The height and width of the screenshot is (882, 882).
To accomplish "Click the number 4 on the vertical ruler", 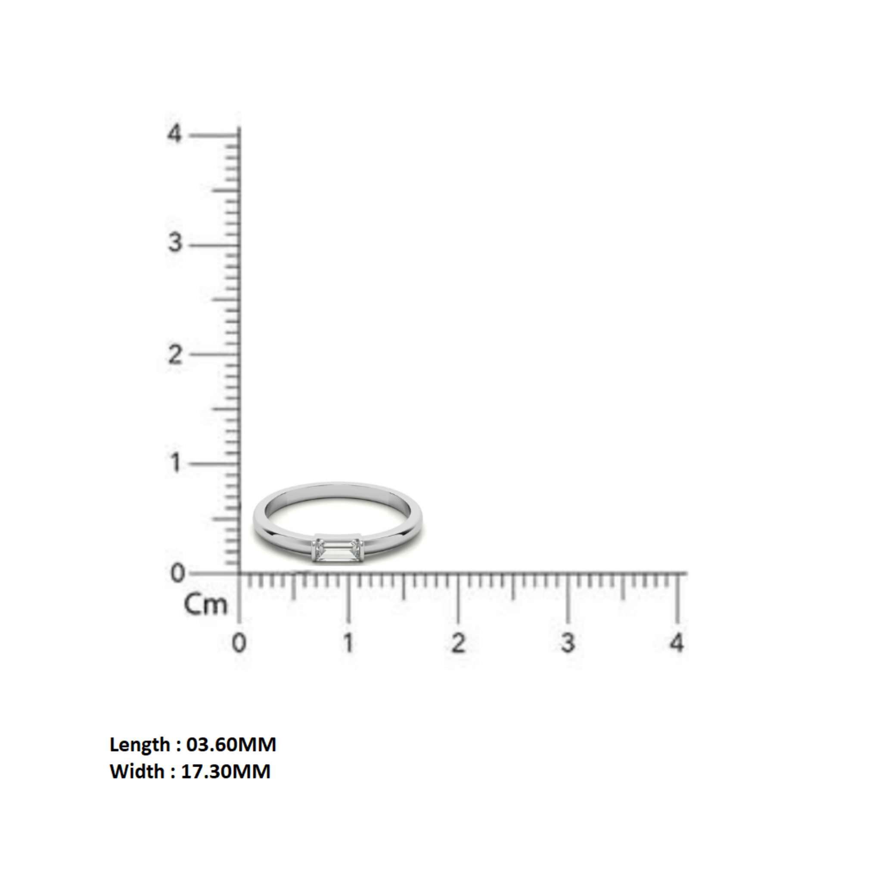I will [174, 134].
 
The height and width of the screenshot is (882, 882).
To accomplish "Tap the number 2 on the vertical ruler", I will [175, 354].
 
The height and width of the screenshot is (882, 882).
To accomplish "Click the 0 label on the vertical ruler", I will [177, 573].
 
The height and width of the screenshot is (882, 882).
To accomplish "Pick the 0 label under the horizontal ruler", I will [239, 643].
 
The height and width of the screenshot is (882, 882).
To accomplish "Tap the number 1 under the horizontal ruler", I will [348, 643].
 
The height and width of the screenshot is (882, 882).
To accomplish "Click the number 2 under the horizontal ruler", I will [458, 643].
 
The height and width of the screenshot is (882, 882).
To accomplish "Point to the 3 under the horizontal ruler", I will [568, 643].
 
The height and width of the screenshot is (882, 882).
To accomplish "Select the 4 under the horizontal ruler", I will [677, 643].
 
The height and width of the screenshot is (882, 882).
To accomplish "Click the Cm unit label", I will [205, 605].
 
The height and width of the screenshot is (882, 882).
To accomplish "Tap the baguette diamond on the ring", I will [338, 550].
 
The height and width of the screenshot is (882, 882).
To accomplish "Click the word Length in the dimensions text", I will [139, 745].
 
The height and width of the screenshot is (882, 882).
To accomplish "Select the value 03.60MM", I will [231, 745].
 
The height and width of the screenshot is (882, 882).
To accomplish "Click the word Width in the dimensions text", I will [137, 771].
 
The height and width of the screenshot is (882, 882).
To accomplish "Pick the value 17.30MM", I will [226, 771].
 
